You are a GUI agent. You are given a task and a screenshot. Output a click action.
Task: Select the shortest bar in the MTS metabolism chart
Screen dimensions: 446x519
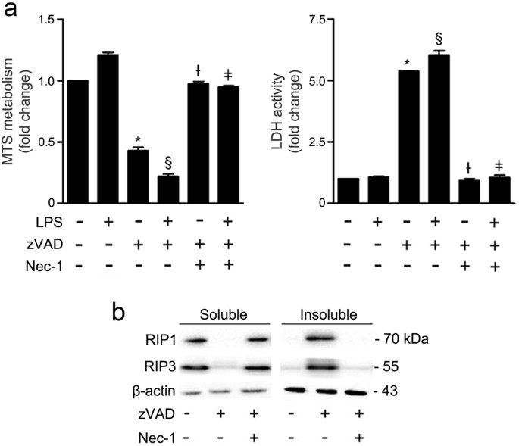170,189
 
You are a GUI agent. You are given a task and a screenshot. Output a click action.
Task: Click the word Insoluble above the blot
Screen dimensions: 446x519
328,314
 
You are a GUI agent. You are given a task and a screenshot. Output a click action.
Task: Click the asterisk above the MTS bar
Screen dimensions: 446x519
138,140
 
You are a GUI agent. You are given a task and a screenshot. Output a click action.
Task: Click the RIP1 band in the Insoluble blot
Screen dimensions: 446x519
328,339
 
